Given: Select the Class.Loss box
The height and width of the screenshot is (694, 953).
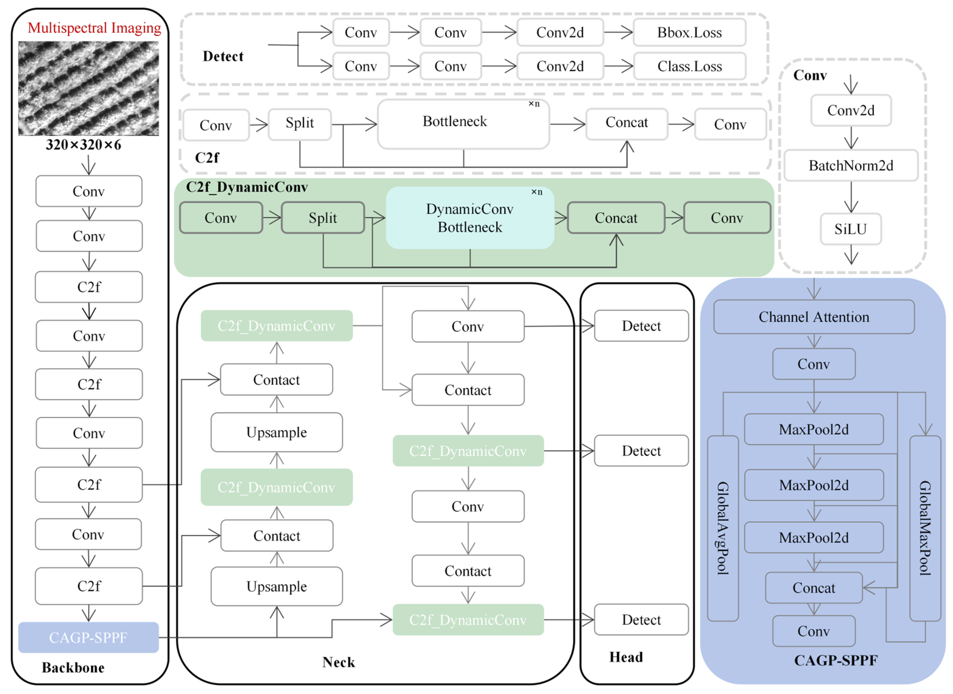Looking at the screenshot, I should click(x=689, y=66).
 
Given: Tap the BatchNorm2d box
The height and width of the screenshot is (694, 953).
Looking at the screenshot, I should click(x=850, y=165).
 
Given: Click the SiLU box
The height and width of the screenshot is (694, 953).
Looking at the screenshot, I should click(x=850, y=229).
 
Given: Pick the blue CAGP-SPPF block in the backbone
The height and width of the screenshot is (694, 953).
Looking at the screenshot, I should click(x=88, y=637).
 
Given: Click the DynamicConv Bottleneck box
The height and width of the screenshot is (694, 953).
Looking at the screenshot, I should click(x=469, y=218).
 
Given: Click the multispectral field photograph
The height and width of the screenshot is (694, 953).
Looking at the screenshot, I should click(x=88, y=88).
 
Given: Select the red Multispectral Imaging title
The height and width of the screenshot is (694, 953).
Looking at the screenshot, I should click(x=94, y=28).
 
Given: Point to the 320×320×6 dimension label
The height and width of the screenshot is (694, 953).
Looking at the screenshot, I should click(x=83, y=145).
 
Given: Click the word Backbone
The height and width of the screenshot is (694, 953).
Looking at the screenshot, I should click(x=73, y=667).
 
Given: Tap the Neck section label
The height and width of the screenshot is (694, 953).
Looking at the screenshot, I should click(x=338, y=662).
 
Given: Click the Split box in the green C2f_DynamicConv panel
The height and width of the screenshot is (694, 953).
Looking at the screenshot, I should click(x=323, y=218).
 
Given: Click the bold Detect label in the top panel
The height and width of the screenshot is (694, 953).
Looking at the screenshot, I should click(x=223, y=56).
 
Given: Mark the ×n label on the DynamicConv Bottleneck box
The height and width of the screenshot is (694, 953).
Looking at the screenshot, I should click(x=537, y=192).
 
